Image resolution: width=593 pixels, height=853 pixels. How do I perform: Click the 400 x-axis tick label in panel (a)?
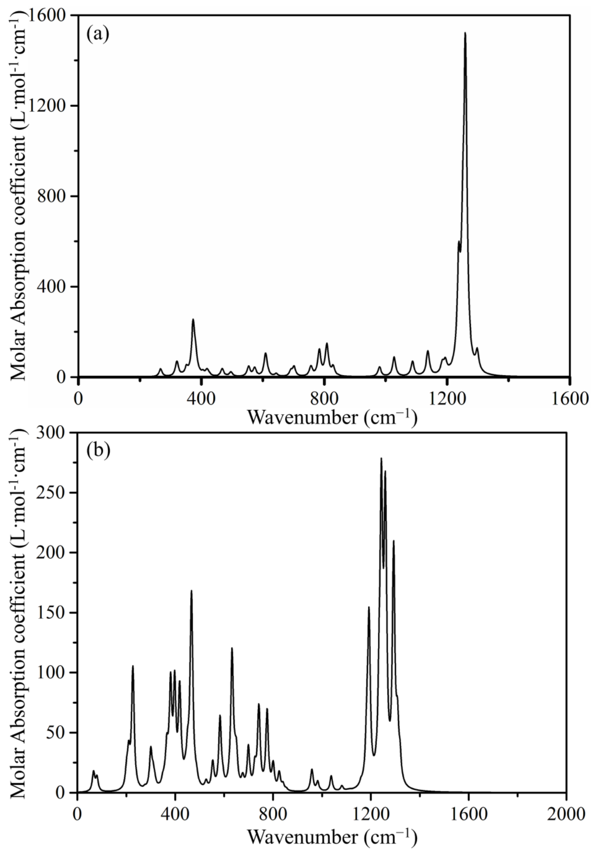(x=201, y=399)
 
